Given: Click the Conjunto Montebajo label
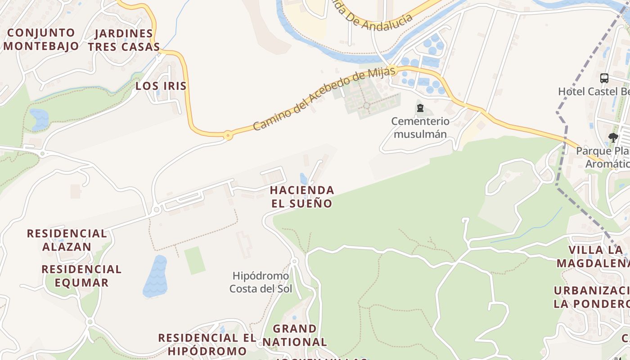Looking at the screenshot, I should tap(41, 39).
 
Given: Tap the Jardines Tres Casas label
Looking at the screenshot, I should tap(124, 40).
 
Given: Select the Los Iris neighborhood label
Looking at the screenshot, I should tap(161, 86).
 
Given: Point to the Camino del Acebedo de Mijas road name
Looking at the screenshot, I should tap(324, 98).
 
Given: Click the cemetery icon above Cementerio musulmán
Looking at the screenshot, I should tap(420, 108).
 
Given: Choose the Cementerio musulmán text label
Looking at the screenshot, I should tap(420, 127).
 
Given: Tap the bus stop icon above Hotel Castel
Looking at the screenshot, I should tap(604, 78).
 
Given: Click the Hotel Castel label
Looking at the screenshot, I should tap(594, 91).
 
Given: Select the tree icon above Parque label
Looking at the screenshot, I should tap(612, 138).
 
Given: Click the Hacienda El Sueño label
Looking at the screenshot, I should tap(302, 197).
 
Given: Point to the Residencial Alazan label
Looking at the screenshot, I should tap(67, 240).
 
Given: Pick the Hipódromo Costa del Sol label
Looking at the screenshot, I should tap(261, 282).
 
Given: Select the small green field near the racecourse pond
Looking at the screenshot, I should tap(195, 260).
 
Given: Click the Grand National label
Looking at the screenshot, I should tap(295, 335).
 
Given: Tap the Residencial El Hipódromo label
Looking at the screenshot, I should tap(207, 344).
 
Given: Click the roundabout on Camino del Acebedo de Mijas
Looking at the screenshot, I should tap(228, 135).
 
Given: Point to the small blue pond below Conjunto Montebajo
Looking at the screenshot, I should tap(39, 119).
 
